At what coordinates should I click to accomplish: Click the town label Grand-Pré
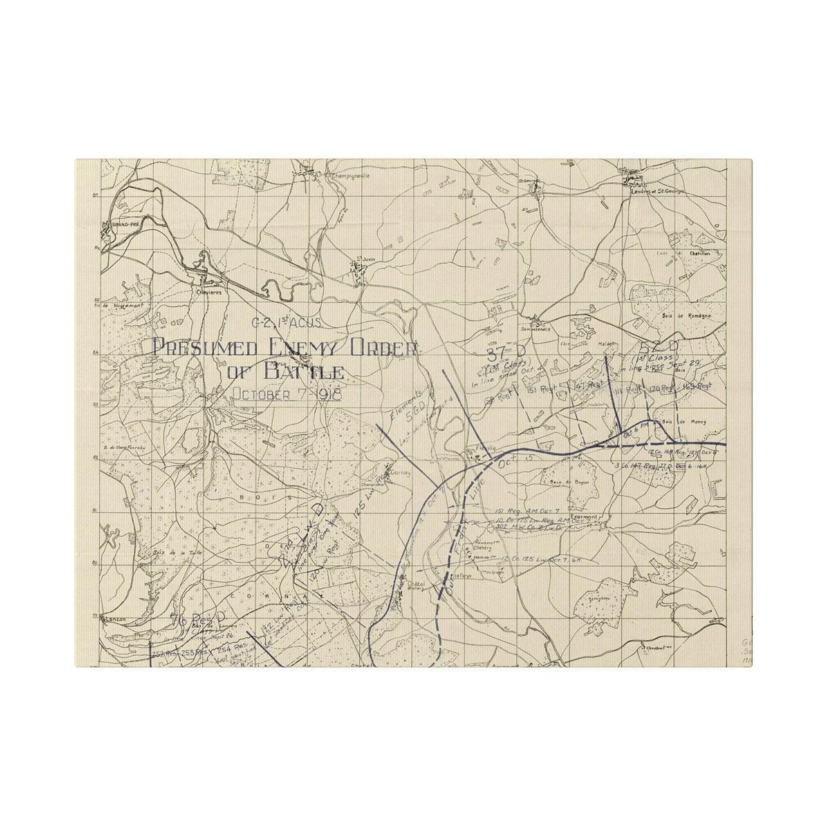[116, 225]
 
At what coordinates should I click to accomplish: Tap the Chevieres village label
[208, 291]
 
